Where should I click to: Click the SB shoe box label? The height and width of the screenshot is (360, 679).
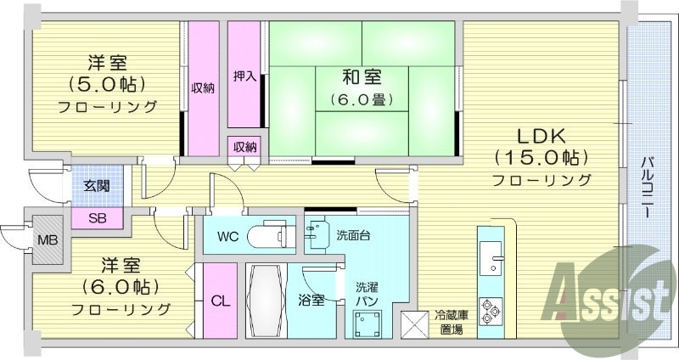[98, 218]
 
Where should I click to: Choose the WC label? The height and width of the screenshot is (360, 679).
[227, 235]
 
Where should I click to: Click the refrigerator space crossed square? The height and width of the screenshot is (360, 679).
[416, 325]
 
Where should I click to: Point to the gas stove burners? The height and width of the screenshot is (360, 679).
[491, 310]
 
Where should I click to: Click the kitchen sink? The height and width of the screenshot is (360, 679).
[491, 256]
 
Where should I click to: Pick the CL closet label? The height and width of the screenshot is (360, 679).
[218, 301]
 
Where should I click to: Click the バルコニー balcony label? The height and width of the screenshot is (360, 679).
[647, 187]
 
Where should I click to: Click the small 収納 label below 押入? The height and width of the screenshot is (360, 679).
[245, 148]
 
